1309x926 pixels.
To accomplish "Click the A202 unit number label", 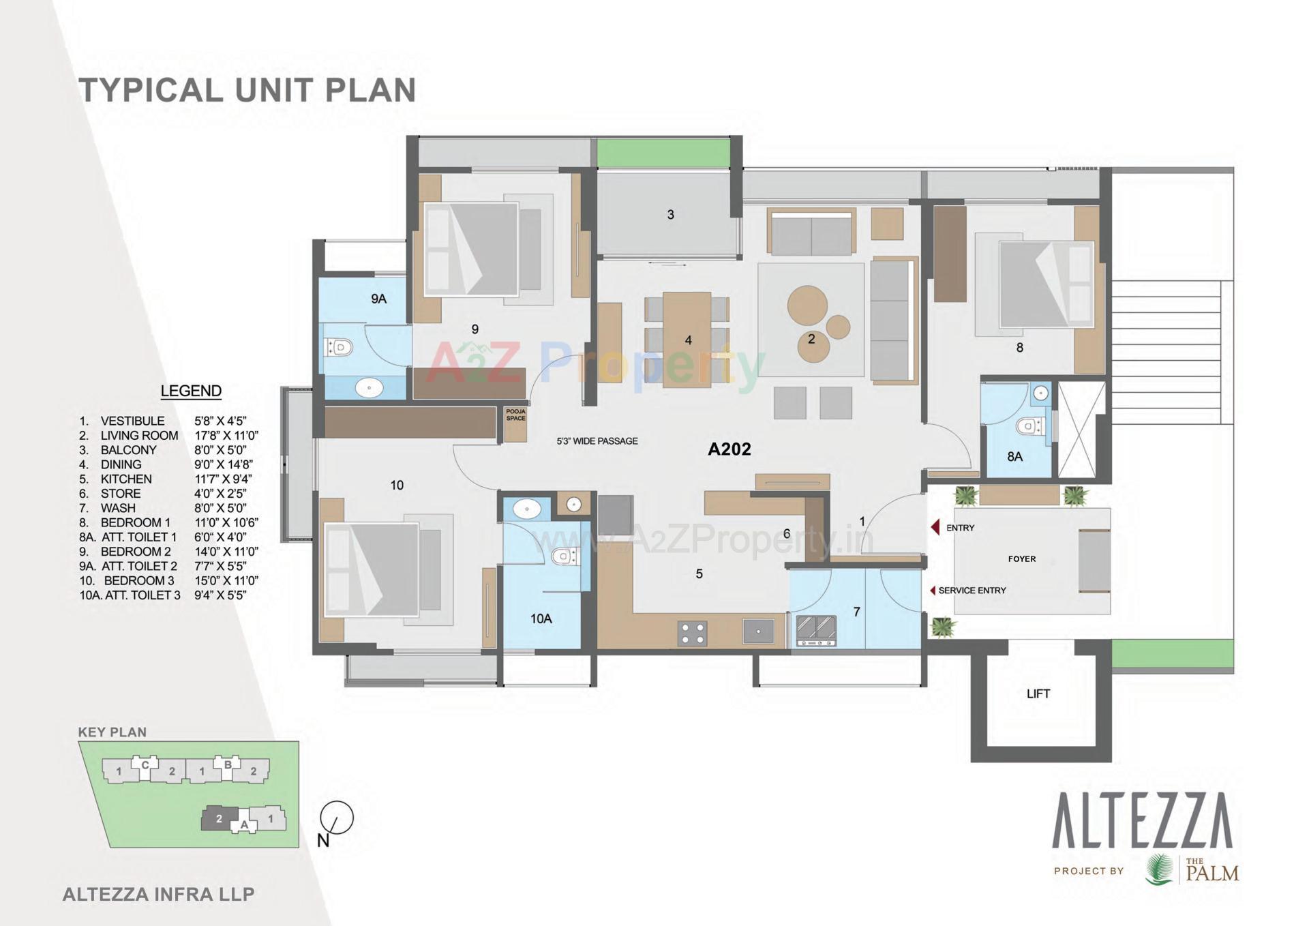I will coord(729,449).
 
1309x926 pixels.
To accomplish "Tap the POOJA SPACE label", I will coord(516,415).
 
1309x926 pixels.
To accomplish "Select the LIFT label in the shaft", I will coord(1038,693).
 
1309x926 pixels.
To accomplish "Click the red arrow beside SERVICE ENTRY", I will coord(933,591).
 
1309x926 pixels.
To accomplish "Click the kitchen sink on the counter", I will coord(758,631).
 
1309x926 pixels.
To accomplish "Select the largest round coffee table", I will coord(807,305).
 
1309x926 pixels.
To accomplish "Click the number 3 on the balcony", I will coord(670,215).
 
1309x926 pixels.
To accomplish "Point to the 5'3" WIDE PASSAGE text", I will coord(597,441).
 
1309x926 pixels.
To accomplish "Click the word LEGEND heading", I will coord(191,391).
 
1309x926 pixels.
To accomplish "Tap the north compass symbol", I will coord(336,818).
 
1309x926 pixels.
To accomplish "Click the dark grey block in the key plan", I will coord(220,818).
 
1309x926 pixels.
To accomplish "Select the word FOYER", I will coord(1021,559).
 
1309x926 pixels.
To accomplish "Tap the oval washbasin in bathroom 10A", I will coord(526,509).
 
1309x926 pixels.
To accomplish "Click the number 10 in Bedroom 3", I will coord(397,485).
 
